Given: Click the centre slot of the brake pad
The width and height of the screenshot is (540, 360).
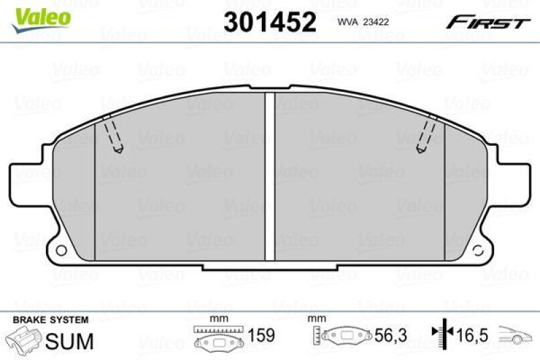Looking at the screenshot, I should tap(270, 176).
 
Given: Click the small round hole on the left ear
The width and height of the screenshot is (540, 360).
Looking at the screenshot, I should tap(61, 250).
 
